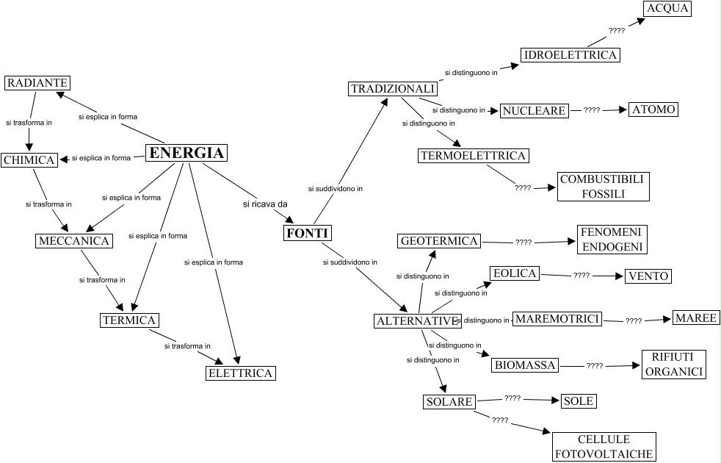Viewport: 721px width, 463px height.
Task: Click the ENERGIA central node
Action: (x=186, y=153)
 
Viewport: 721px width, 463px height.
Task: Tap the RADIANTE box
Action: (x=37, y=83)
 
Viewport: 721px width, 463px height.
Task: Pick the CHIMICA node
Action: (x=29, y=160)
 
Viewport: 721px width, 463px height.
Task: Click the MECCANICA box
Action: (x=73, y=241)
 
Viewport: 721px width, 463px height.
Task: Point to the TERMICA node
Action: (x=129, y=320)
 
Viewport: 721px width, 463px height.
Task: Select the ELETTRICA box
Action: (x=240, y=373)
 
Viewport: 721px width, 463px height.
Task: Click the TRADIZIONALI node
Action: (x=393, y=89)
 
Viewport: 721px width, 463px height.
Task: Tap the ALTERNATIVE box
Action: (x=416, y=321)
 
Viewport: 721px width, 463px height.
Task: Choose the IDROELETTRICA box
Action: (x=570, y=55)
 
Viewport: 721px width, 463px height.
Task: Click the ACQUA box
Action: (x=667, y=9)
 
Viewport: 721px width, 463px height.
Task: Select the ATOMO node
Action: (x=653, y=110)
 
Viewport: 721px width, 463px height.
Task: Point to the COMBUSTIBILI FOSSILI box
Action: (x=603, y=187)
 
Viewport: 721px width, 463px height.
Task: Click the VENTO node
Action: (x=648, y=276)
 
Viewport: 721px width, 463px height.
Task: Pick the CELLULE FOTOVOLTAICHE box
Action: (x=604, y=447)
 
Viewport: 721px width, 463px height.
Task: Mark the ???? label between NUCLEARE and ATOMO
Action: (x=592, y=110)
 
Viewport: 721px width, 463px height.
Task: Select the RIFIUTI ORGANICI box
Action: (x=673, y=364)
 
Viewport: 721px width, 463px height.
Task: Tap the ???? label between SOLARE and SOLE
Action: (x=512, y=398)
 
